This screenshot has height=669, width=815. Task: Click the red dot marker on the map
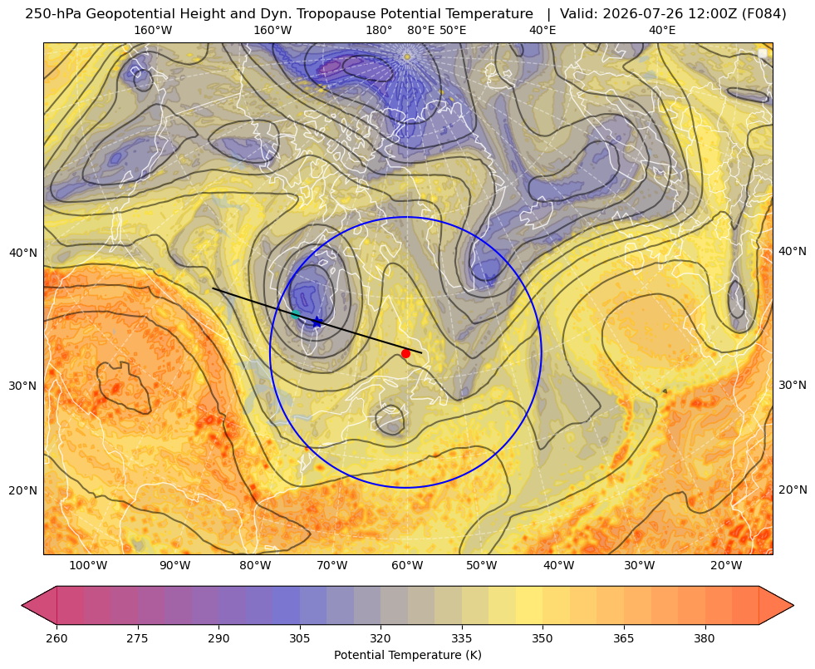click(x=406, y=353)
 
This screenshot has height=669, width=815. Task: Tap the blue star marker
click(x=317, y=322)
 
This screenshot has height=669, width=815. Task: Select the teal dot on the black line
click(x=295, y=314)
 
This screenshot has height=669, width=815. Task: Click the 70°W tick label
click(x=332, y=565)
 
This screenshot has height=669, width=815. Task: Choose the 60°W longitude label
click(x=407, y=565)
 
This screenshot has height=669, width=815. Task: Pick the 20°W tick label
click(x=726, y=565)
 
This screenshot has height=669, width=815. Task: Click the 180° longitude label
click(x=379, y=30)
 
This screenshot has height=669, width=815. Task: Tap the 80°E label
click(x=421, y=30)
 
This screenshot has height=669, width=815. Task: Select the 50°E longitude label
click(x=453, y=30)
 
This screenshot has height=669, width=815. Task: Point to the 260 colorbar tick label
click(x=56, y=638)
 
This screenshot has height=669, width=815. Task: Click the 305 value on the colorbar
click(x=300, y=638)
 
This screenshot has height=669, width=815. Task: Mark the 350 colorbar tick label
click(x=543, y=638)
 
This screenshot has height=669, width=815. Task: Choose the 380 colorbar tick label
click(x=705, y=638)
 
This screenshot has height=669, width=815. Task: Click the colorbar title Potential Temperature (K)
click(x=407, y=655)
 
